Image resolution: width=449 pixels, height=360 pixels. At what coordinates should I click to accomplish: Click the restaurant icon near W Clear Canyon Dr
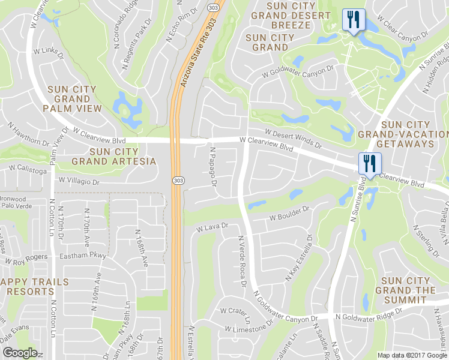click(353, 20)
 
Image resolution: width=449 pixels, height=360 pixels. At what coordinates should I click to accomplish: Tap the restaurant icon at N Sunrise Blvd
click(369, 163)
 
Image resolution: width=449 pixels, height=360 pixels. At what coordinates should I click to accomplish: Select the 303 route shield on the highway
click(178, 181)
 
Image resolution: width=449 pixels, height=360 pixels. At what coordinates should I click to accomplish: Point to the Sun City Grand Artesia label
click(113, 156)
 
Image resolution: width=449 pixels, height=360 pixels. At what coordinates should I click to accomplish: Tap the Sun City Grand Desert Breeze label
click(292, 15)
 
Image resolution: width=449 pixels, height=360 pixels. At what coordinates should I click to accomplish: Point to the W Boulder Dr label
click(289, 214)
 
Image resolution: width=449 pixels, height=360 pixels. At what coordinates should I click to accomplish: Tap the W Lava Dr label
click(213, 227)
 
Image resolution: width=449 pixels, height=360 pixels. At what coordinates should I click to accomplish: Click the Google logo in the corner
click(19, 353)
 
